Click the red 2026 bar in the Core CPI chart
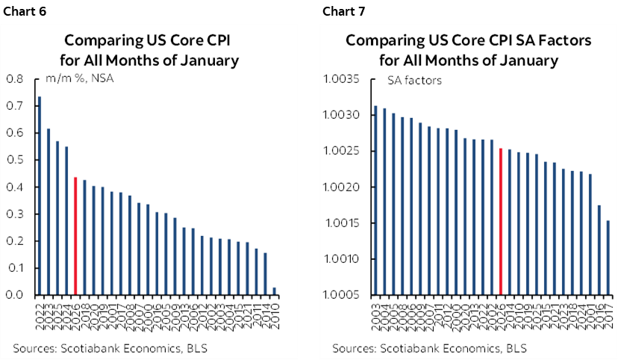pos(75,236)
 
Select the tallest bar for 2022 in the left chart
pos(40,196)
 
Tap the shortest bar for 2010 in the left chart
pos(275,291)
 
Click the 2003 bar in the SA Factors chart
pos(375,200)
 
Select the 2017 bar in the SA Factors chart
pos(608,258)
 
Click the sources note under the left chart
pos(110,348)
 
